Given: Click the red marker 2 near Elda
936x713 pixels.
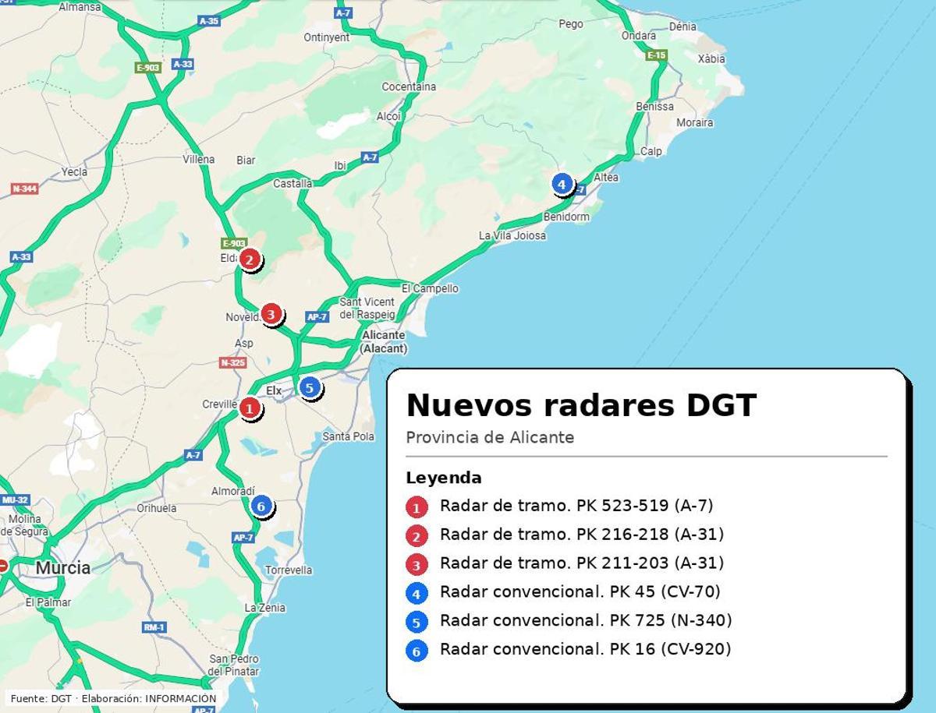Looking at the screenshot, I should [x=249, y=259].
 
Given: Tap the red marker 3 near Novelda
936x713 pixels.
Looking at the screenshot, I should [x=271, y=314].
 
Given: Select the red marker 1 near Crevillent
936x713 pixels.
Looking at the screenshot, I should [x=250, y=408].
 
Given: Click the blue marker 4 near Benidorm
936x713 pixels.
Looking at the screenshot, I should [x=561, y=185].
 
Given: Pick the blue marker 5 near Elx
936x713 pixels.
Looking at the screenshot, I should [x=310, y=387].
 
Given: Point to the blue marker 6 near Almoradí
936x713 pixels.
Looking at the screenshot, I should [x=261, y=507].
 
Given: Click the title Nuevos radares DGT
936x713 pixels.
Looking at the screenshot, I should [x=581, y=406].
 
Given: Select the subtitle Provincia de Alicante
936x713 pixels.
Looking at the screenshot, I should [x=490, y=437].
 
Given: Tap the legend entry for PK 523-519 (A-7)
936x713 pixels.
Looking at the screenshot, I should [x=576, y=506].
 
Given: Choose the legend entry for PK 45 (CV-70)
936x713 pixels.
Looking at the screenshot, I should [x=580, y=591].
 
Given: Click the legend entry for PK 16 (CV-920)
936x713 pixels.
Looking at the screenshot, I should [x=585, y=648].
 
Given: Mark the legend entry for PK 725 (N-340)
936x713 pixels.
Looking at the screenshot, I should [x=586, y=620].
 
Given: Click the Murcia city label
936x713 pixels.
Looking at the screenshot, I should [x=62, y=567].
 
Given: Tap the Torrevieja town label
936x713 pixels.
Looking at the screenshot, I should [x=288, y=570].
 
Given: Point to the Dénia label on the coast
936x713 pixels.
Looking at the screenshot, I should [x=682, y=26].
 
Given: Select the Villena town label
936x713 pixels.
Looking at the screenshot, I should [x=198, y=159].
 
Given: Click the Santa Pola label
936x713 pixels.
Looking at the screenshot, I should [x=348, y=436].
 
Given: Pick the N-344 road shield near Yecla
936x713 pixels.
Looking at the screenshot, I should [x=24, y=189].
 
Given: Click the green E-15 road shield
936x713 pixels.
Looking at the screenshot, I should [x=656, y=55].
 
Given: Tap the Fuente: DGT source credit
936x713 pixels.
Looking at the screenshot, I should [x=113, y=698].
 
